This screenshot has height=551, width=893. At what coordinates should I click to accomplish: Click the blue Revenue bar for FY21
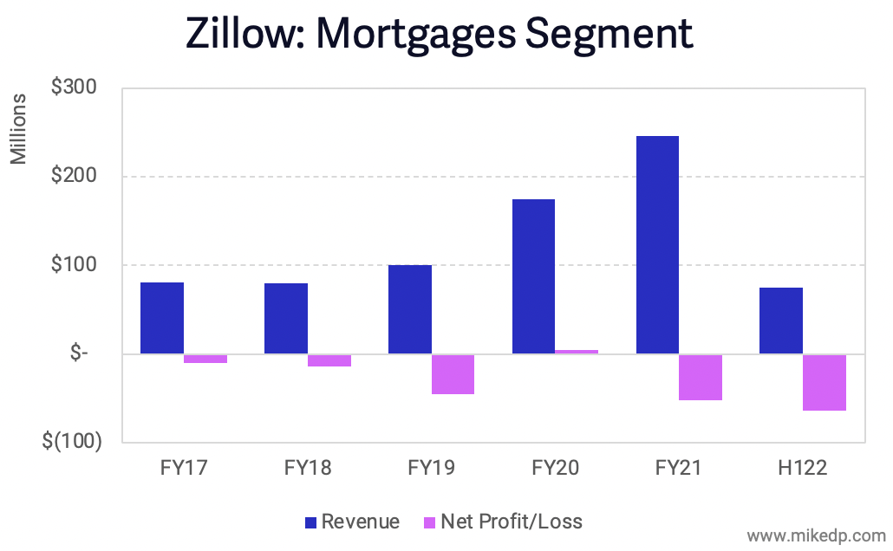pyautogui.click(x=657, y=245)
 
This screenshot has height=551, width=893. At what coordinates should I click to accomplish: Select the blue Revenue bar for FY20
pyautogui.click(x=533, y=276)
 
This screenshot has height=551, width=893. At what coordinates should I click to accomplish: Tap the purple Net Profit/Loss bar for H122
pyautogui.click(x=824, y=382)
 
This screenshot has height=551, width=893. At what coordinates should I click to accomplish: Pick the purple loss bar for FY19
pyautogui.click(x=453, y=374)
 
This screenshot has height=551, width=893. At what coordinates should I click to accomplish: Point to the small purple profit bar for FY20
pyautogui.click(x=577, y=352)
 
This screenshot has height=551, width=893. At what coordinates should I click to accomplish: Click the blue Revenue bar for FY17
pyautogui.click(x=162, y=318)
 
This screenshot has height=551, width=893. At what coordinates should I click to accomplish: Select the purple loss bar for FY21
pyautogui.click(x=701, y=377)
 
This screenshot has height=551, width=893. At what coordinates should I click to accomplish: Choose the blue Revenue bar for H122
pyautogui.click(x=781, y=321)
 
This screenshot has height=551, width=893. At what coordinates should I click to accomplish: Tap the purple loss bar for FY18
pyautogui.click(x=329, y=360)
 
